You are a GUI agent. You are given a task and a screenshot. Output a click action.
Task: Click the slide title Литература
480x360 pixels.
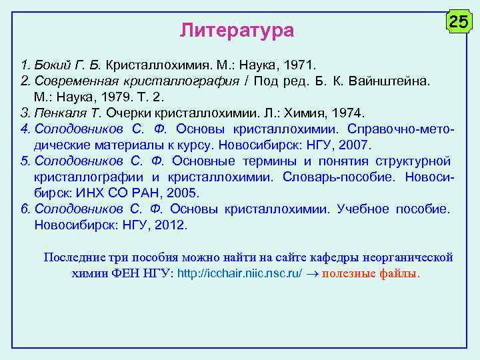237,30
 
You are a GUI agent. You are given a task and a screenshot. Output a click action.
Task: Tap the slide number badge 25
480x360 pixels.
458,22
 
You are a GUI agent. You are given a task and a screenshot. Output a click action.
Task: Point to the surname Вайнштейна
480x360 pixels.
395,81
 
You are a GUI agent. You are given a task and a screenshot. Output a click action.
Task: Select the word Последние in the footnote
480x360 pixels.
73,257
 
